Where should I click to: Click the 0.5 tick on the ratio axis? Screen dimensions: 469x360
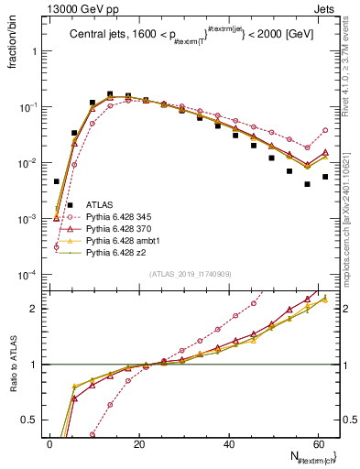coord(33,420)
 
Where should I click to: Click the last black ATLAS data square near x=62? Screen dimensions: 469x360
coord(325,177)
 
